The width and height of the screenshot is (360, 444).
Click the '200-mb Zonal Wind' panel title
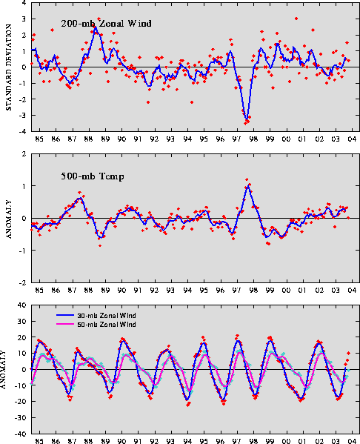coord(106,23)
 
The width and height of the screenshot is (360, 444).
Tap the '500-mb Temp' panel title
coord(93,176)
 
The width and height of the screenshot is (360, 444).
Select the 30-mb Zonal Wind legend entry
coord(96,316)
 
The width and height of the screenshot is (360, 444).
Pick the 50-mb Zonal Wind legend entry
coord(96,324)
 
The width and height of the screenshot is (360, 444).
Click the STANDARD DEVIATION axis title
coord(8,67)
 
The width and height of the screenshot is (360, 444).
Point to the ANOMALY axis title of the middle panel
coord(8,219)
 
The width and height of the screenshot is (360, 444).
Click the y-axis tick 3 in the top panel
coord(24,19)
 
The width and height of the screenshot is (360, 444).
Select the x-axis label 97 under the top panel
coord(236,139)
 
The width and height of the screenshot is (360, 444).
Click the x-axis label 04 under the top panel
coord(352,139)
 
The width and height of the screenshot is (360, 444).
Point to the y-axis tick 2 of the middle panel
coord(24,154)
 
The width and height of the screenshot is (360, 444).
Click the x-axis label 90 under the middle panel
coord(121,291)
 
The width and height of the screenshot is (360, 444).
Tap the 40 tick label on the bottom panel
coord(22,305)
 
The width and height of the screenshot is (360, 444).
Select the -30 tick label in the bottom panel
coord(21,417)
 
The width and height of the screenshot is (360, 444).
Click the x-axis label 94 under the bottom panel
coord(187,441)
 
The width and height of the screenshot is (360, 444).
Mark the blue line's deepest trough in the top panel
coord(247,119)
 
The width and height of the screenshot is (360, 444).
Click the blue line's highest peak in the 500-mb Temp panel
coord(248,186)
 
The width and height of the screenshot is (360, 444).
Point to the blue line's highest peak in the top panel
coord(95,27)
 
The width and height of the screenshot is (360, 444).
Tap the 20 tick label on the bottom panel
coord(22,337)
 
